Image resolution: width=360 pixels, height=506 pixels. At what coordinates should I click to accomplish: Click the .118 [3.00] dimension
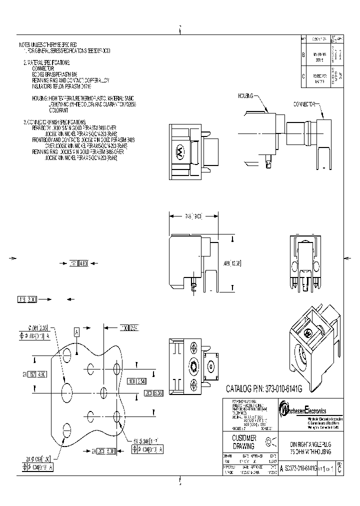coord(27,299)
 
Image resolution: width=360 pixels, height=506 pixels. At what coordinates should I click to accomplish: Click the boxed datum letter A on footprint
coord(77,331)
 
